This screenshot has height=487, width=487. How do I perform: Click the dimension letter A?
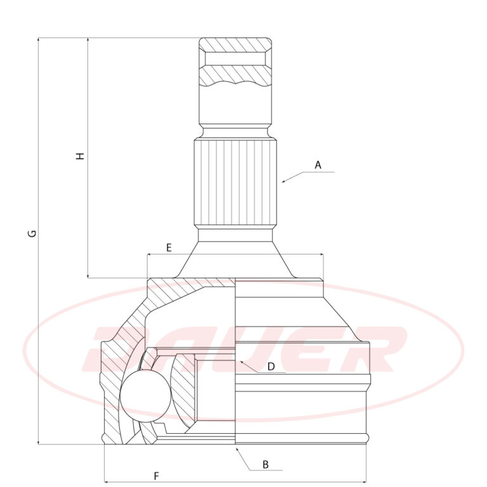pos(318,165)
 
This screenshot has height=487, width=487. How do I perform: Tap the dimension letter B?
pos(265,465)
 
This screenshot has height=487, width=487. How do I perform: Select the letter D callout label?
pos(271,367)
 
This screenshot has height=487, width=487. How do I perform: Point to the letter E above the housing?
pos(169,248)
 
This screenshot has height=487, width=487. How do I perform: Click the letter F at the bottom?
pos(157,476)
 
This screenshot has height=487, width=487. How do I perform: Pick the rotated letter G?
pos(32,233)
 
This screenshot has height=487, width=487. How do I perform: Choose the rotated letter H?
pos(81,156)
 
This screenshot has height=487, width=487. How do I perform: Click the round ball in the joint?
pos(146,396)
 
